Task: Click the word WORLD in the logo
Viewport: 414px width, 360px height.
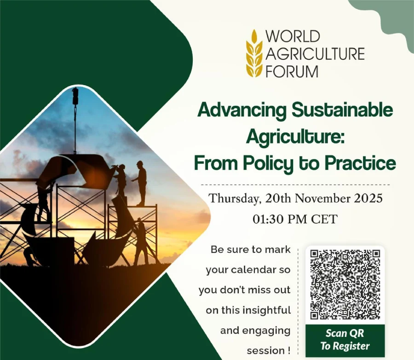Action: (293, 36)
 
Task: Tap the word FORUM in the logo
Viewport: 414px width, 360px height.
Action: (292, 71)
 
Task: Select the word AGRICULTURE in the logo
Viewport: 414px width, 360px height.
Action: (315, 54)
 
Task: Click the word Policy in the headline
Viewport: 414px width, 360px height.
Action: (269, 164)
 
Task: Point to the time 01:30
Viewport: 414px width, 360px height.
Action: (267, 219)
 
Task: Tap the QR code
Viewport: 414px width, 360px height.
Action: (345, 285)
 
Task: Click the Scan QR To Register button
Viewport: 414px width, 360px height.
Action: (345, 341)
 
